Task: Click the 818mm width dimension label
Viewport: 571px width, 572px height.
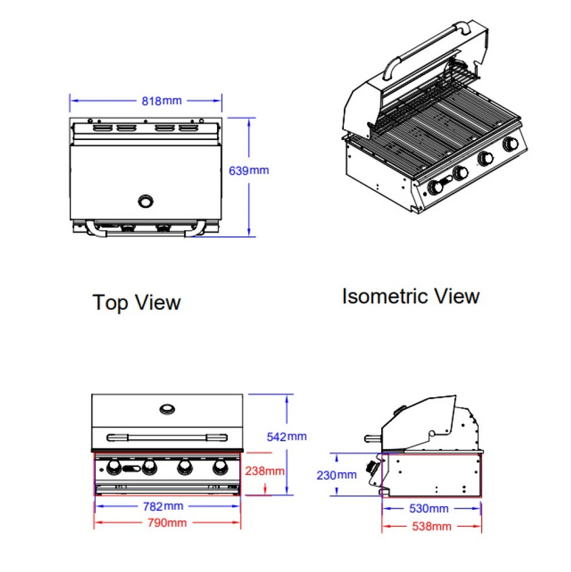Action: coord(161,101)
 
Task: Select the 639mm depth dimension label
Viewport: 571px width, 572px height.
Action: coord(249,171)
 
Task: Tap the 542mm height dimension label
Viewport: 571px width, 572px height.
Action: coord(288,436)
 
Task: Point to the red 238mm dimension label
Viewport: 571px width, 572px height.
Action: coord(264,471)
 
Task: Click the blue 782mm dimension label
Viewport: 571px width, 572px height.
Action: coord(163,506)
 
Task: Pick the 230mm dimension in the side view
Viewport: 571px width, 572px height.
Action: coord(337,475)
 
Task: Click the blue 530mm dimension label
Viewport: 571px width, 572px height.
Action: coord(429,509)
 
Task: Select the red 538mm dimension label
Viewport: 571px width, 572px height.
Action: coord(432,526)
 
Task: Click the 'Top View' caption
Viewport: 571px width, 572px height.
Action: coord(136,302)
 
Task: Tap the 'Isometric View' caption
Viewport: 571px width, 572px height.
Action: coord(410,296)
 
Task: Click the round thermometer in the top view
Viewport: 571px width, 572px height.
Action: coord(146,200)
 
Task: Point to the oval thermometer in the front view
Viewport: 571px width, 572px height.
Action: coord(168,408)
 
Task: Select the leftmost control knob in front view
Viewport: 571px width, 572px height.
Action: coord(113,468)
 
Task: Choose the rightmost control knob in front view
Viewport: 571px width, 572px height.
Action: coord(219,468)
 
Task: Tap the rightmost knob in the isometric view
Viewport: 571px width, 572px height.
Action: coord(511,144)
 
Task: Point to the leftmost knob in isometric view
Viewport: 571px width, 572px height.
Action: coord(434,188)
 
